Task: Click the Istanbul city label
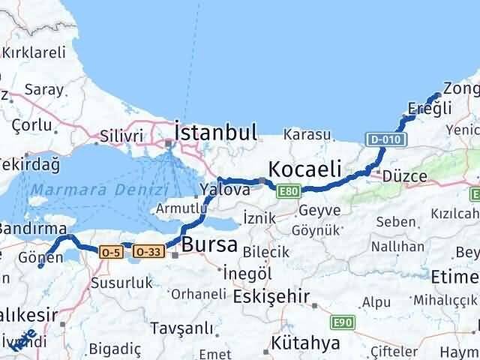click(x=215, y=133)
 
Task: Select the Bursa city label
click(x=210, y=244)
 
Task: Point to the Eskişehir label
click(x=271, y=296)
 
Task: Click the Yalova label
click(x=224, y=190)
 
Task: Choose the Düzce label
click(x=404, y=177)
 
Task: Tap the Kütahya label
click(x=306, y=343)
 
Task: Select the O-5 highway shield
click(x=111, y=253)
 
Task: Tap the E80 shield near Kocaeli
click(x=287, y=192)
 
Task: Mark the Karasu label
click(x=307, y=135)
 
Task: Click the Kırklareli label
click(x=34, y=52)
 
